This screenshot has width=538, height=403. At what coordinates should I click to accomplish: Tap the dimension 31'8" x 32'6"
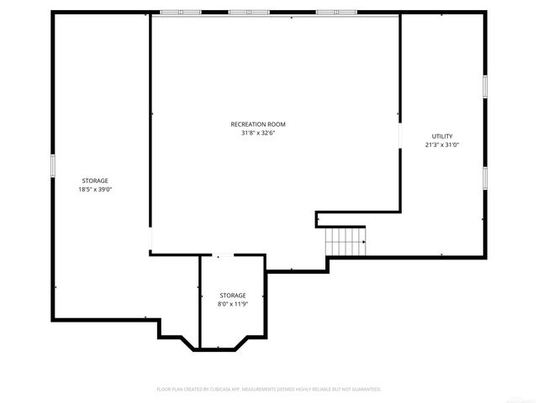coord(258,133)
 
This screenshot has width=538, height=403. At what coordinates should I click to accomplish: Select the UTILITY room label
coord(442,136)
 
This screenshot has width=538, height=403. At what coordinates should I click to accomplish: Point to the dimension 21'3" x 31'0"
coord(442,144)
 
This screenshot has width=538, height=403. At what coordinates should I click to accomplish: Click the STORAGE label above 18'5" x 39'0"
coord(94,181)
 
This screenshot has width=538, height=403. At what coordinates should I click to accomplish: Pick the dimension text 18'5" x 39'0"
coord(94,189)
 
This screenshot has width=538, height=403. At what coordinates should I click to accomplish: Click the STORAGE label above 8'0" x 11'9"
coord(233,296)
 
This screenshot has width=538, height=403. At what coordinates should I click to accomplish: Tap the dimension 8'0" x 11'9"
coord(233,304)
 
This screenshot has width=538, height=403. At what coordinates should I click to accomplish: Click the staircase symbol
coord(345,242)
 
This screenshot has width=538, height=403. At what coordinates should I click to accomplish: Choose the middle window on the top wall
coord(248,13)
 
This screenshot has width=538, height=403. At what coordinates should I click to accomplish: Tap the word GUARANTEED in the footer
coord(365,390)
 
